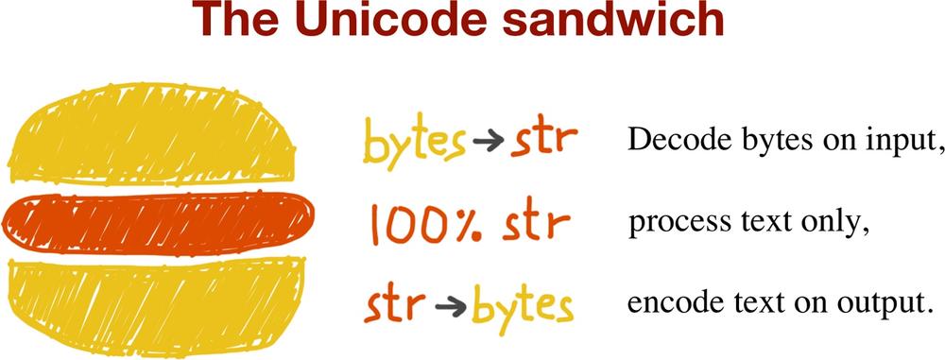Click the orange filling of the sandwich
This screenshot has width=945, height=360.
159,223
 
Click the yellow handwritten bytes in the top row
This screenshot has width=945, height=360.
414,141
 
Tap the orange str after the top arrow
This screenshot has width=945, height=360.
544,140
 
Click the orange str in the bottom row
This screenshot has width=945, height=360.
395,306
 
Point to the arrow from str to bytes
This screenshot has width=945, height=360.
450,307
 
